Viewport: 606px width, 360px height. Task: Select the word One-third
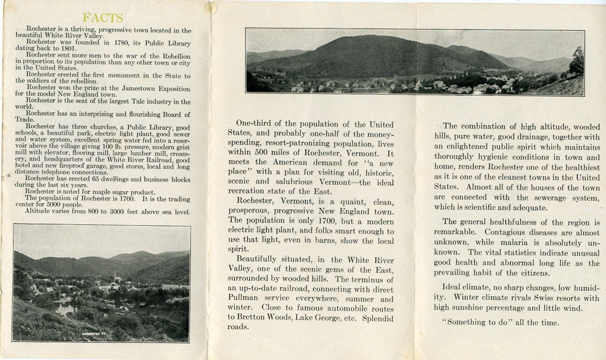click(x=258, y=125)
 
